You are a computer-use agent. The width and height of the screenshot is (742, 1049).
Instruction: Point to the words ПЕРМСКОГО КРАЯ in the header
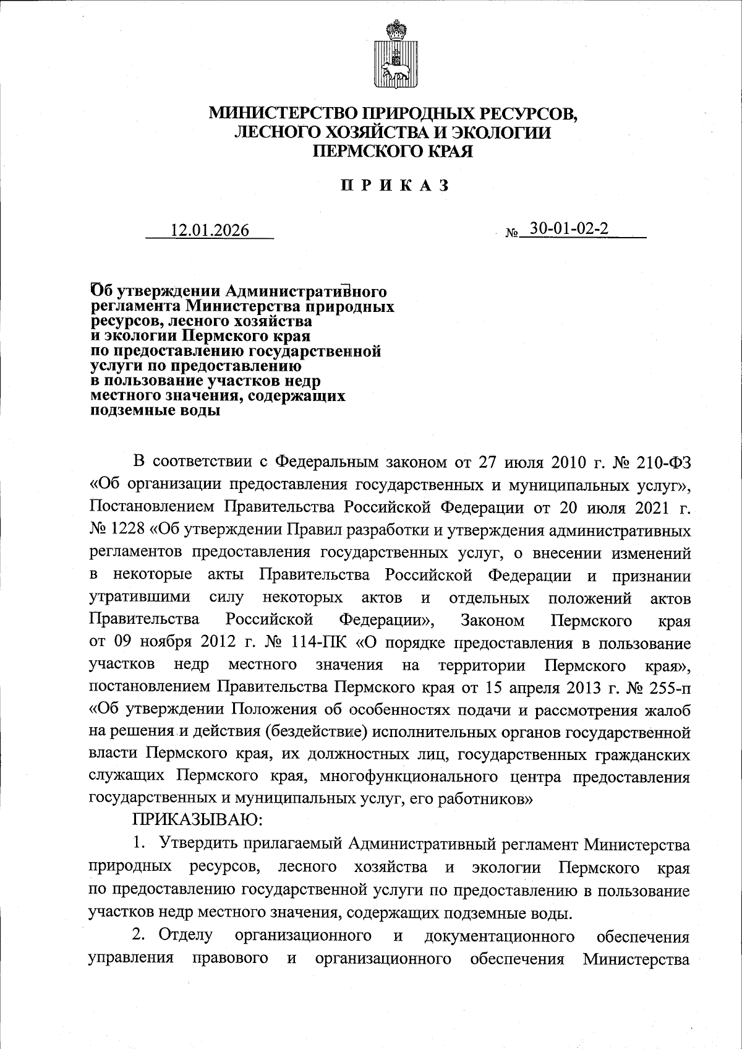click(393, 151)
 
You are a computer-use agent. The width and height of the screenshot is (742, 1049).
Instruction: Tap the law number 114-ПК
click(322, 644)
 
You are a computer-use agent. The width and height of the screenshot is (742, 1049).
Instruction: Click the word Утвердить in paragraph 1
click(199, 844)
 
